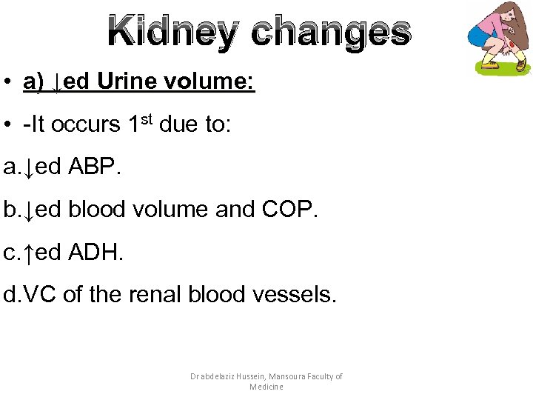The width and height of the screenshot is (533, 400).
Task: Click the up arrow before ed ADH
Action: [28, 254]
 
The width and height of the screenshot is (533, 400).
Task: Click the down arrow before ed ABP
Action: [28, 169]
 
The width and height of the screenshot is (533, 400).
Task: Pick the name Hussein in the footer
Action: [249, 376]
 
